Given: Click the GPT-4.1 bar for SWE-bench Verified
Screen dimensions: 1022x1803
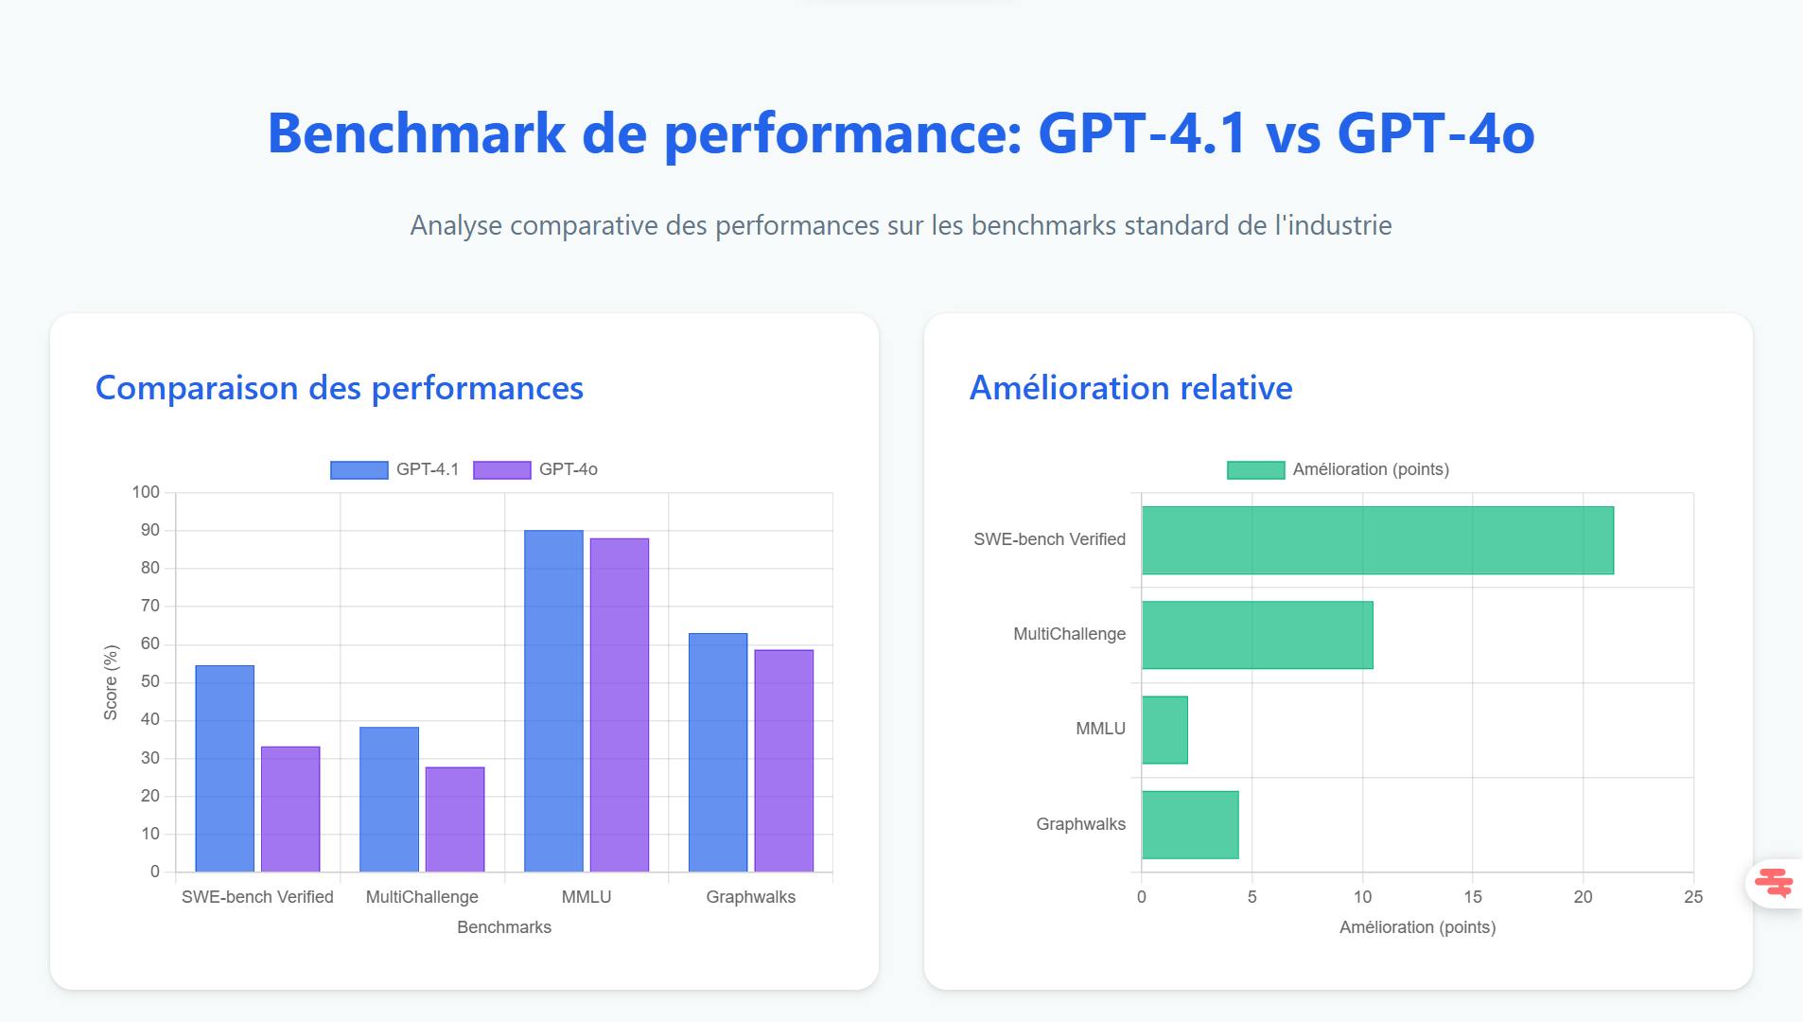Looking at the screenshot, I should coord(224,768).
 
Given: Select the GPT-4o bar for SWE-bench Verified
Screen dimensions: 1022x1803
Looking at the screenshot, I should coord(290,809).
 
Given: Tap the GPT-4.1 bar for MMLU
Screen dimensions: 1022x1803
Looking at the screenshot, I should coord(553,700).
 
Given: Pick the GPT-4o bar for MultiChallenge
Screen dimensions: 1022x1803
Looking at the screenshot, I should coord(455,819).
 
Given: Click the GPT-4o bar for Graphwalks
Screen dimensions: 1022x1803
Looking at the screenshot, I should coord(783,760).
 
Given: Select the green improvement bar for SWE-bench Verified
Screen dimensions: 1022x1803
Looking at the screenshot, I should coord(1377,540).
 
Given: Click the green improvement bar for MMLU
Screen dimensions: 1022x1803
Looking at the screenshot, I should coord(1164,730).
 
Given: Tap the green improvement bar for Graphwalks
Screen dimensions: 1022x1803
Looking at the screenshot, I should coord(1190,824).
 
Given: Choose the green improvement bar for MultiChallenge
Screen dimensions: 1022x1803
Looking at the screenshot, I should coord(1257,635).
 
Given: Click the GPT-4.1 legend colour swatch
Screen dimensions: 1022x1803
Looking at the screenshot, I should coord(359,470).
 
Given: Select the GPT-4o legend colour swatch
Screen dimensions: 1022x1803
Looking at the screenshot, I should coord(501,470).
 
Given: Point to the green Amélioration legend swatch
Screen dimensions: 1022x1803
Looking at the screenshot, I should coord(1255,470).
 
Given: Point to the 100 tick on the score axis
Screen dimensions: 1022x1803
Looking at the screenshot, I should coord(146,492).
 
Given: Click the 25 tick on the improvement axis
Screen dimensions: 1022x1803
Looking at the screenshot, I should coord(1693,897).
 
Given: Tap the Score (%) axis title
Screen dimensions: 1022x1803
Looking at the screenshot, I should coord(111,682).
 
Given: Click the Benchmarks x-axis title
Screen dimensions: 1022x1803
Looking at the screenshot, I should coord(503,927).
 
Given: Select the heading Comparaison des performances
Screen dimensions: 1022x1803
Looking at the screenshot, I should coord(339,388).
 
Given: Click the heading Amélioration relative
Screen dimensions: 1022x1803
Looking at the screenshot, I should coord(1130,388).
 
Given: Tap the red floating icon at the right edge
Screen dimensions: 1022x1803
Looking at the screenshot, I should coord(1774,883).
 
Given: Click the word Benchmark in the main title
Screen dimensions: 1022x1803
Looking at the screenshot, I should coord(416,132).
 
